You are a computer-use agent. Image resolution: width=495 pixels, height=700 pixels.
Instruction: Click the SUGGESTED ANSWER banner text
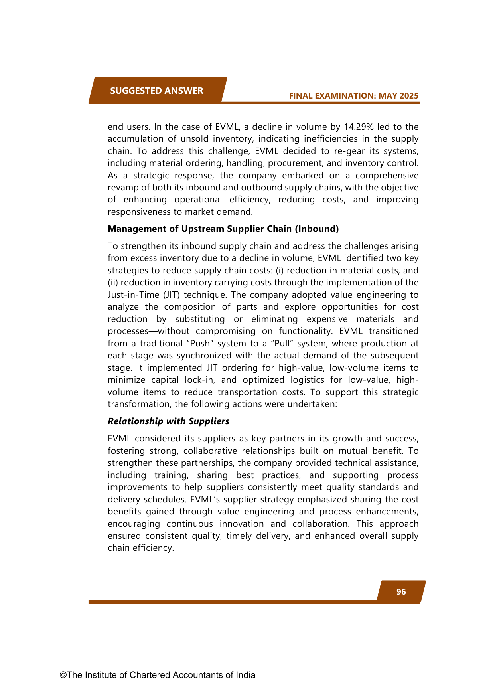coord(156,91)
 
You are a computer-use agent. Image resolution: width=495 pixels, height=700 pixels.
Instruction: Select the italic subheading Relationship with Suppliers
coord(168,421)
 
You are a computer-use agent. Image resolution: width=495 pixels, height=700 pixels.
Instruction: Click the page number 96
coord(401,592)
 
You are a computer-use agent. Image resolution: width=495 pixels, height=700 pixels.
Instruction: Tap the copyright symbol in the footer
coord(63,675)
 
